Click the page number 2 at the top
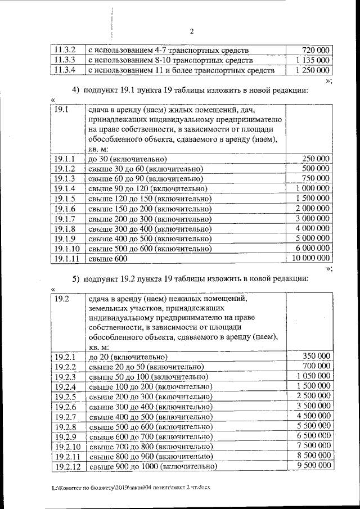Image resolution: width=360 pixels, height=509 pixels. [191, 31]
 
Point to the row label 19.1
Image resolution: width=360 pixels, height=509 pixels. [61, 110]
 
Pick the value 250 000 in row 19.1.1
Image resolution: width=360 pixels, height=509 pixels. [316, 159]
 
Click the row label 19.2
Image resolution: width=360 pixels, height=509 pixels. [61, 299]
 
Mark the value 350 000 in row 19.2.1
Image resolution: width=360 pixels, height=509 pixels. [316, 356]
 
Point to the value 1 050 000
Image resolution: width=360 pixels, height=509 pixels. [313, 376]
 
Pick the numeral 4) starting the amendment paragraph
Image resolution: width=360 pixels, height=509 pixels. [75, 90]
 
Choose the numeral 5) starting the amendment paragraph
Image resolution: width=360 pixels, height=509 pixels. [75, 278]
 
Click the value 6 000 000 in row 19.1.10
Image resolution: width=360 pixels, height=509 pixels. [312, 248]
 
